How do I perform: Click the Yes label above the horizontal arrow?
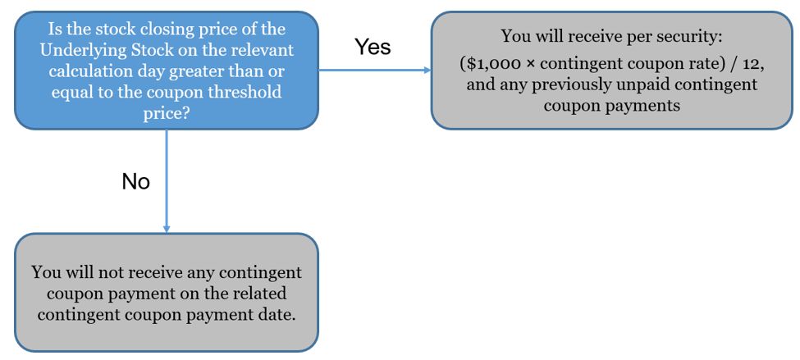coord(373,47)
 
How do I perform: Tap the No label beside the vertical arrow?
coord(135,181)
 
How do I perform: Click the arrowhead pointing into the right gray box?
coord(427,70)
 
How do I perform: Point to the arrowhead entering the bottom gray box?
coord(167,229)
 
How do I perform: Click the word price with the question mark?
coord(167,113)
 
